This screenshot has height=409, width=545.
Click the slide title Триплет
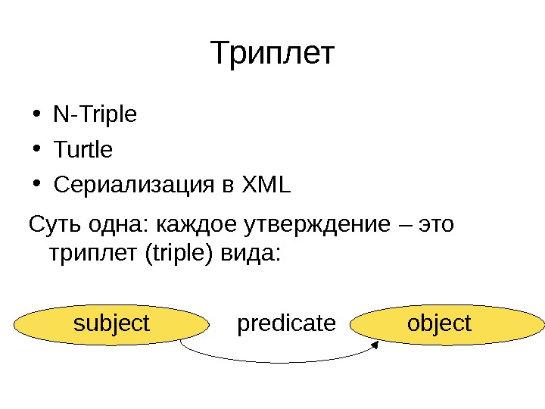(272, 55)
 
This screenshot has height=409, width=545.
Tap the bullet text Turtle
(83, 150)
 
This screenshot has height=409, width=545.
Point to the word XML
(265, 185)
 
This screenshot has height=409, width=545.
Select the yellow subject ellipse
(111, 324)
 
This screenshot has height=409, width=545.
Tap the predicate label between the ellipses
(286, 324)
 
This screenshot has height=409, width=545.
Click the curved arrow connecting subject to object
(280, 363)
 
